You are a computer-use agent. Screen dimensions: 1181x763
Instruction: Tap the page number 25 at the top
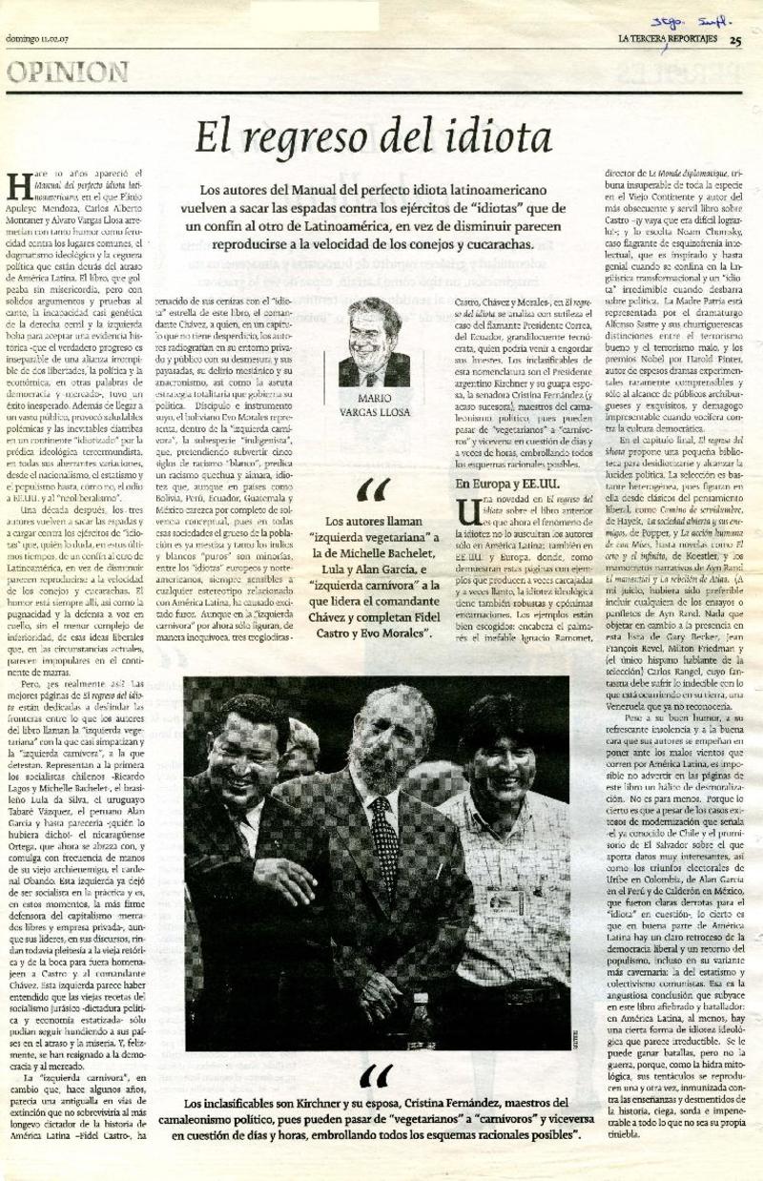point(735,40)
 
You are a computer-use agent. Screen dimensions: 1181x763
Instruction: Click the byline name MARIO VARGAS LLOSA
point(374,406)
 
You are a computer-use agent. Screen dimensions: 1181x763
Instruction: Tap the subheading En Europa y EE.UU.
point(501,485)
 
